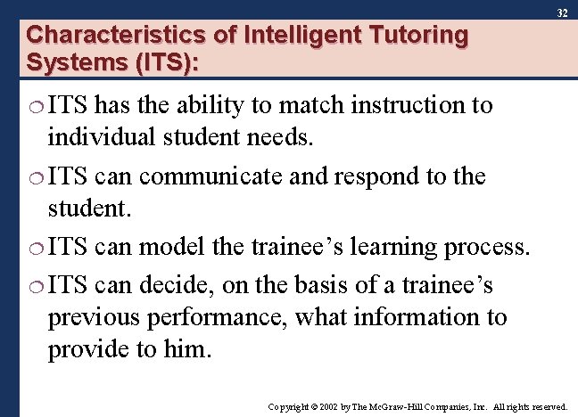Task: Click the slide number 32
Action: point(562,14)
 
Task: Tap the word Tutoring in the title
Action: point(417,37)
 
